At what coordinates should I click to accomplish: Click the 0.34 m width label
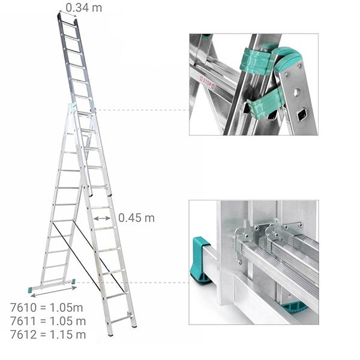point(84,7)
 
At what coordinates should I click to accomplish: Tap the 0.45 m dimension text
point(136,218)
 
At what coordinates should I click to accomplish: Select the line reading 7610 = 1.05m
point(47,308)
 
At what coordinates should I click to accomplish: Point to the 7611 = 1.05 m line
point(48,321)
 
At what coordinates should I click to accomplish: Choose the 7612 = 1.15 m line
point(48,334)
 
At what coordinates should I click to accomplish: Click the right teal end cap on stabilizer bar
point(73,281)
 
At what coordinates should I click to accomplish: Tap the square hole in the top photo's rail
point(303,112)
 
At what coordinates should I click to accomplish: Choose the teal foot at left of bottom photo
point(200,259)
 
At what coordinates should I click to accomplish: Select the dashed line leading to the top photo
point(141,110)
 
